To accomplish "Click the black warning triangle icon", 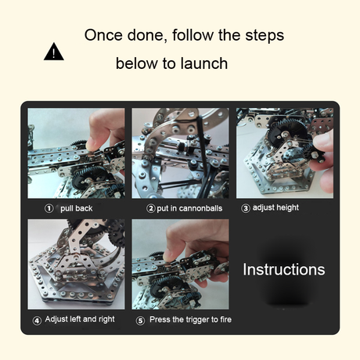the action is pos(54,52).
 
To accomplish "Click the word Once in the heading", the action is pos(103,35).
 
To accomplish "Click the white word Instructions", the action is pos(284,269).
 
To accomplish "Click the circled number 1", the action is pos(49,208).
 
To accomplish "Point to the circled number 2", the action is pos(150,208).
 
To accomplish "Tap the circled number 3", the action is pos(245,208).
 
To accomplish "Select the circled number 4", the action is pos(37,320).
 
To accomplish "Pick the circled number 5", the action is pos(140,320).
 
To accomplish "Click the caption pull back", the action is pos(77,208).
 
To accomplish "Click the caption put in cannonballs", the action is pos(189,208).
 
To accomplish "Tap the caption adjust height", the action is pos(275,207).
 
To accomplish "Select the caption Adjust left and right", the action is pos(80,319).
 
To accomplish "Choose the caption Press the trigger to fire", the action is pos(190,319).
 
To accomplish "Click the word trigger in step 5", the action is pos(196,320).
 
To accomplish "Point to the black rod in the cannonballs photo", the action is pos(203,146).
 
